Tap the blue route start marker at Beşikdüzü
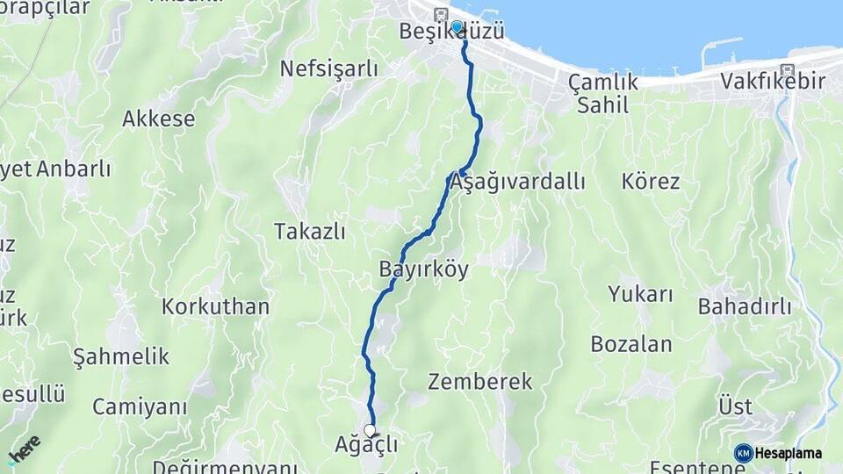point(457,26)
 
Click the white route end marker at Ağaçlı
point(371,430)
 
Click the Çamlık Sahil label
point(603,93)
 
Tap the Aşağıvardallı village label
point(516,183)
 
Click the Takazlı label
point(309,232)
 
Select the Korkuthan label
point(215,307)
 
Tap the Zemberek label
point(480,382)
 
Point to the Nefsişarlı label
point(328,68)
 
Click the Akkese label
point(159,118)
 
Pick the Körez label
point(651,182)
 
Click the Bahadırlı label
point(745,307)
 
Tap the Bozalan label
point(631,344)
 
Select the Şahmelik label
point(120,356)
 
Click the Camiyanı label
point(140,407)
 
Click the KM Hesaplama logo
point(778,453)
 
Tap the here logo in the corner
point(24,449)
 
